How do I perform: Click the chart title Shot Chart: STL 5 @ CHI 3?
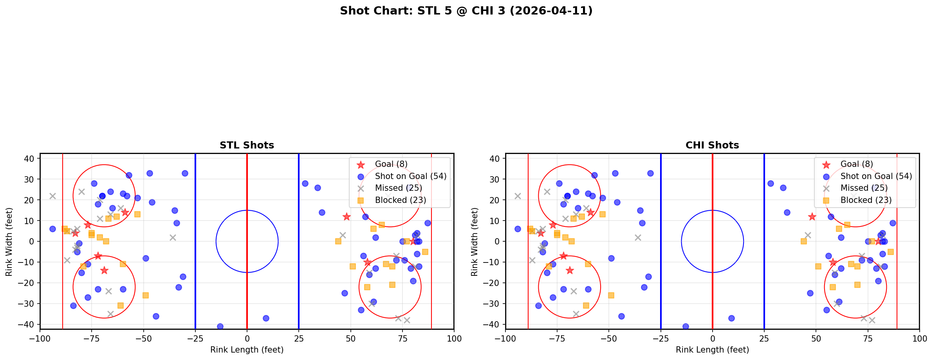pyautogui.click(x=466, y=11)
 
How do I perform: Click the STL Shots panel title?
pyautogui.click(x=247, y=145)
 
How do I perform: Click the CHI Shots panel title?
pyautogui.click(x=712, y=145)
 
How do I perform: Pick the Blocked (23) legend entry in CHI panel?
pyautogui.click(x=866, y=200)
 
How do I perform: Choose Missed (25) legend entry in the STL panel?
pyautogui.click(x=398, y=188)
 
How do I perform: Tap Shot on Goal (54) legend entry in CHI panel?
pyautogui.click(x=876, y=176)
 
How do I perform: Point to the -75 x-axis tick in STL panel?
pyautogui.click(x=92, y=338)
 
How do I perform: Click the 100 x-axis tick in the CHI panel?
pyautogui.click(x=919, y=338)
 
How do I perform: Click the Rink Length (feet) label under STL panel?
pyautogui.click(x=247, y=350)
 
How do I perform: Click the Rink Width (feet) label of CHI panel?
pyautogui.click(x=475, y=242)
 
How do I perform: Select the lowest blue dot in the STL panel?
pyautogui.click(x=220, y=326)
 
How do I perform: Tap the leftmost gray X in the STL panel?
pyautogui.click(x=52, y=196)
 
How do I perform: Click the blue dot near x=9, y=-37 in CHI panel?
pyautogui.click(x=731, y=318)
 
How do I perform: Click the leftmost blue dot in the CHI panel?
pyautogui.click(x=518, y=229)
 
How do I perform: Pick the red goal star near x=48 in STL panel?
pyautogui.click(x=346, y=217)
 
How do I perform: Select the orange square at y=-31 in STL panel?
pyautogui.click(x=121, y=306)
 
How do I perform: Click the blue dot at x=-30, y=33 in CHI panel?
pyautogui.click(x=650, y=173)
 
